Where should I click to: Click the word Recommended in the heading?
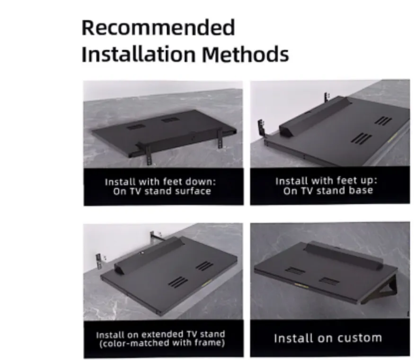pyautogui.click(x=158, y=28)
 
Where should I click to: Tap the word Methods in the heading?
pyautogui.click(x=245, y=54)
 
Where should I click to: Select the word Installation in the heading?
pyautogui.click(x=139, y=54)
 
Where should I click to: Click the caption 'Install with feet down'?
pyautogui.click(x=160, y=182)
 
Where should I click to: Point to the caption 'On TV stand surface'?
pyautogui.click(x=162, y=191)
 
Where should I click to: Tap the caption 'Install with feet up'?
pyautogui.click(x=326, y=181)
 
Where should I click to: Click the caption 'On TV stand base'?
pyautogui.click(x=328, y=190)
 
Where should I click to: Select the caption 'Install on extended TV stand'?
pyautogui.click(x=160, y=334)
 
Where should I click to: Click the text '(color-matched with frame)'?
pyautogui.click(x=162, y=343)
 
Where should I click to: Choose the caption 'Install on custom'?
pyautogui.click(x=328, y=338)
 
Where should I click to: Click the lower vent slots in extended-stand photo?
pyautogui.click(x=178, y=282)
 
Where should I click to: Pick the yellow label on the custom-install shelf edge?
pyautogui.click(x=302, y=286)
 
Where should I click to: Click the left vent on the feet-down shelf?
pyautogui.click(x=136, y=127)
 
